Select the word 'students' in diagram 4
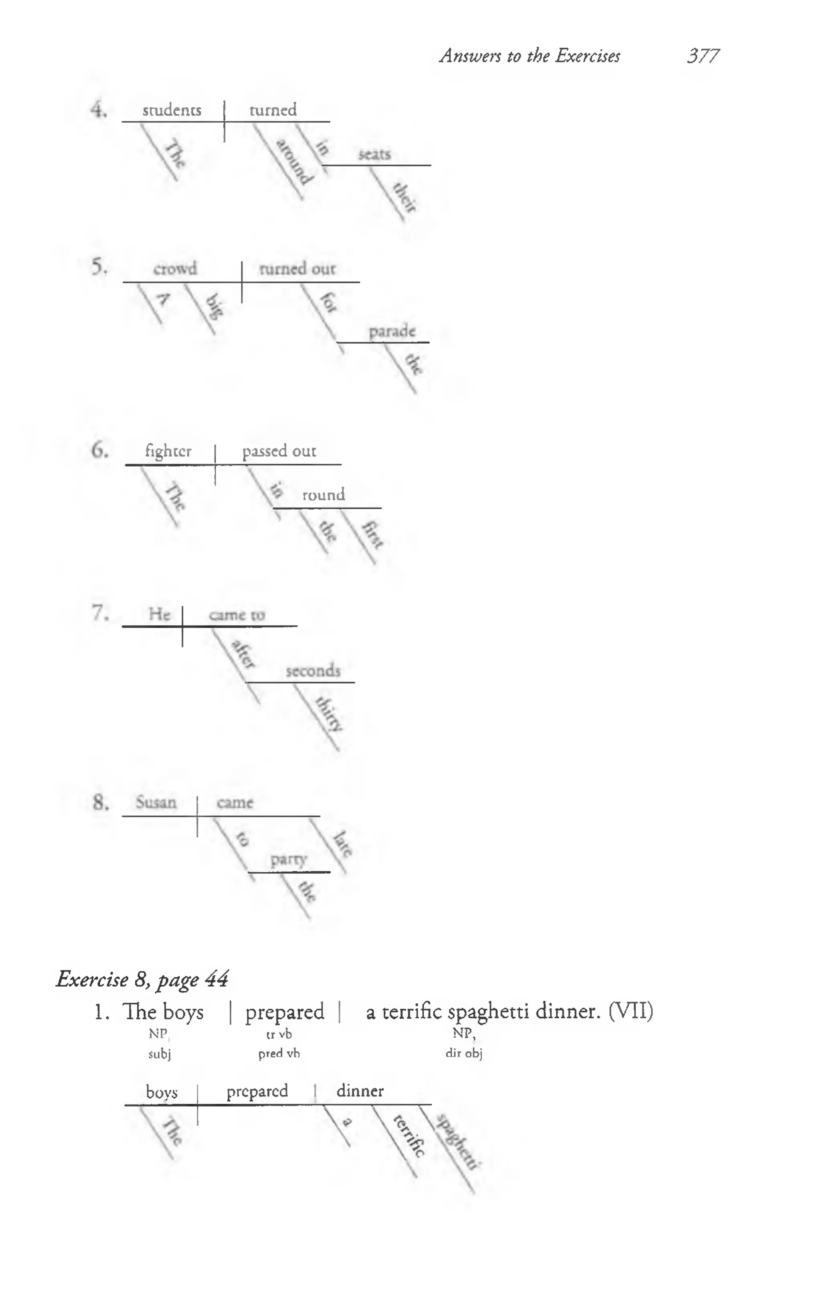172,110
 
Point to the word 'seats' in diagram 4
374,155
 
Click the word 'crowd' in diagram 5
175,269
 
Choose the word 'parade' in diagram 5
392,331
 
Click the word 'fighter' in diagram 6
168,451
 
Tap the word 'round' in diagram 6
323,495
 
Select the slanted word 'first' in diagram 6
372,534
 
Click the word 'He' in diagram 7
159,615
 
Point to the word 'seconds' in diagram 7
313,672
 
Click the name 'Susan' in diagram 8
156,803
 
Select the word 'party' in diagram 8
289,859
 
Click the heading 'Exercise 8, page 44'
142,979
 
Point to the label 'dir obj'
464,1054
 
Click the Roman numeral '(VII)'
631,1012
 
